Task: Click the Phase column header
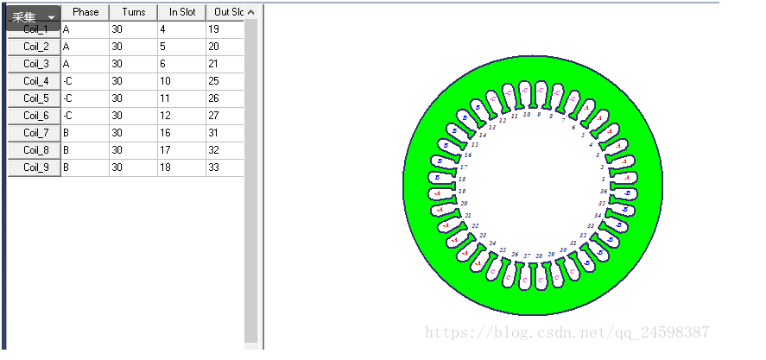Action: click(x=85, y=12)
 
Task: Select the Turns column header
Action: click(x=133, y=12)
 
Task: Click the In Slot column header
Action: click(x=181, y=12)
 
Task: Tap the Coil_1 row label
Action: click(x=35, y=29)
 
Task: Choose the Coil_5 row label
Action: click(x=35, y=98)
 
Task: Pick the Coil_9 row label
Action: click(x=35, y=167)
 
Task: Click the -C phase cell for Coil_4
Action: click(x=85, y=81)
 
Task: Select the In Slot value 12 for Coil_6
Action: click(x=181, y=116)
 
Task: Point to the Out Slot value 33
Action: click(x=225, y=167)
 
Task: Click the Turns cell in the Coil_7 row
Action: click(x=133, y=133)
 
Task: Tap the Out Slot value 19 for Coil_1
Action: click(x=225, y=29)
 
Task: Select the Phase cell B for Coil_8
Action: click(x=85, y=150)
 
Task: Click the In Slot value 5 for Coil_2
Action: click(x=181, y=47)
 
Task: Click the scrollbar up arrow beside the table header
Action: click(x=250, y=12)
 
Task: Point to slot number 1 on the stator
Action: click(x=603, y=179)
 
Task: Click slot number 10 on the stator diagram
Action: click(x=527, y=114)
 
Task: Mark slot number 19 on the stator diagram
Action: click(x=463, y=191)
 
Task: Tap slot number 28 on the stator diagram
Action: click(x=539, y=256)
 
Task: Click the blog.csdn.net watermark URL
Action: click(x=569, y=332)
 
